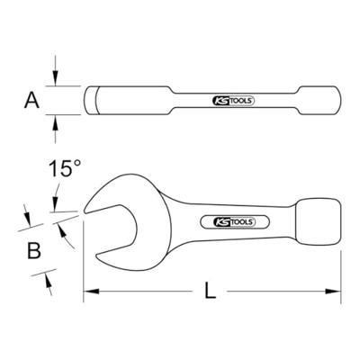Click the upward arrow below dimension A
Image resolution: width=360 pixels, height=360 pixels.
pos(58,124)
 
